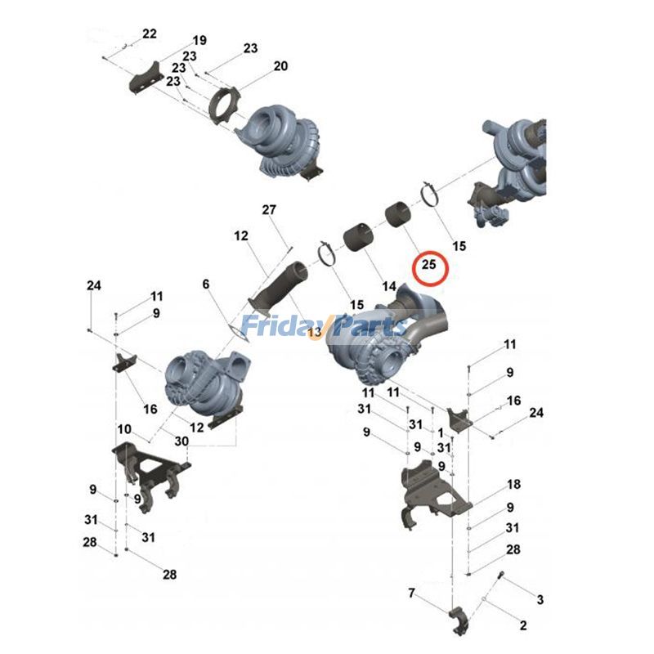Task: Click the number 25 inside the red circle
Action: tap(429, 265)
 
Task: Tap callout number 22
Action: tap(149, 34)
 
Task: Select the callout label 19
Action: tap(199, 41)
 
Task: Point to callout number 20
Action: tap(280, 66)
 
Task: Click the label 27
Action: tap(270, 210)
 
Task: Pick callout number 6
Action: tap(206, 284)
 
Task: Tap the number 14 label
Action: tap(387, 287)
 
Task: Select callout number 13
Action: tap(314, 334)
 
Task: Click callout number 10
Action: tap(123, 428)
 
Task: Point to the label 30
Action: tap(181, 441)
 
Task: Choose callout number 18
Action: tap(513, 484)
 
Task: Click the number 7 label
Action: tap(412, 592)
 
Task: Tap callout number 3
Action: tap(540, 600)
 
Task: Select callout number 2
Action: tap(522, 626)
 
